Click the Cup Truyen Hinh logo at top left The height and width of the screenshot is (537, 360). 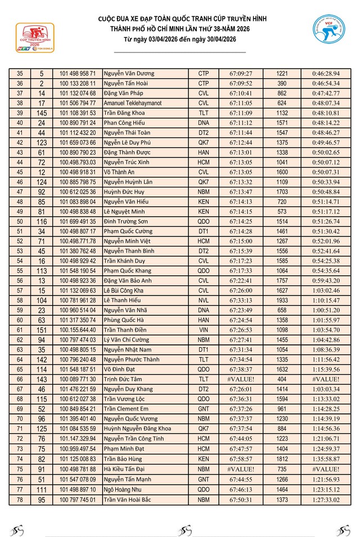pyautogui.click(x=35, y=38)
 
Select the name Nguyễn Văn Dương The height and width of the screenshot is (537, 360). pyautogui.click(x=129, y=74)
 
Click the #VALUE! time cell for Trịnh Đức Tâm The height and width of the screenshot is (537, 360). pyautogui.click(x=241, y=379)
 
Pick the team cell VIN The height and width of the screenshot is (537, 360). pyautogui.click(x=204, y=329)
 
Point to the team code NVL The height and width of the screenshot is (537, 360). pyautogui.click(x=204, y=300)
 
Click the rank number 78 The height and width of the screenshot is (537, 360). pyautogui.click(x=20, y=499)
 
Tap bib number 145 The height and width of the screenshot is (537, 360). pyautogui.click(x=42, y=113)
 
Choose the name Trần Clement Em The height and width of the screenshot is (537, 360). pyautogui.click(x=126, y=409)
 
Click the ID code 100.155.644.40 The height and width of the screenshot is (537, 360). pyautogui.click(x=78, y=329)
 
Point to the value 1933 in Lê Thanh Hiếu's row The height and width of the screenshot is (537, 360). pyautogui.click(x=282, y=300)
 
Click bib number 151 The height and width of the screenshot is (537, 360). pyautogui.click(x=42, y=329)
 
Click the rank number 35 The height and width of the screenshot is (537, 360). pyautogui.click(x=20, y=74)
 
